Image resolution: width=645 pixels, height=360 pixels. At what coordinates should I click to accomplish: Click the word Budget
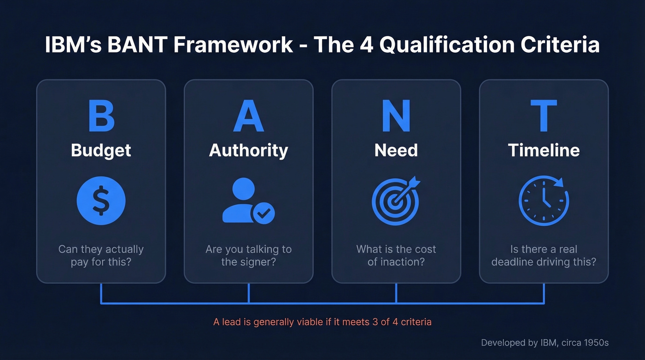tap(101, 151)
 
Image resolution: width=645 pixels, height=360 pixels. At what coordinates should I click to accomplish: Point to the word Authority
tap(248, 151)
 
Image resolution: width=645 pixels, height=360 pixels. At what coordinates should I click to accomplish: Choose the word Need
tap(396, 150)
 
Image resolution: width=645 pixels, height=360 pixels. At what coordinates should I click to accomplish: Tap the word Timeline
tap(544, 150)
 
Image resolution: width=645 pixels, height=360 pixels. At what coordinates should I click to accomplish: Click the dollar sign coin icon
tap(101, 201)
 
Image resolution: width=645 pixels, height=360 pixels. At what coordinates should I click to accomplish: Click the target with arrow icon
tap(396, 201)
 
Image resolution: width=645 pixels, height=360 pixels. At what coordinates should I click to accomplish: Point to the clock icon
tap(544, 201)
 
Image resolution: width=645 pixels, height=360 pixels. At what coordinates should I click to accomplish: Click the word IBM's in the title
tap(72, 45)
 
